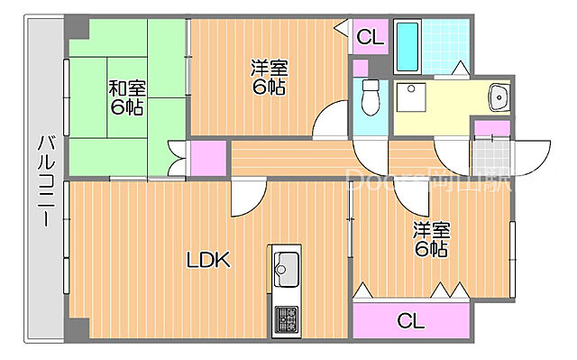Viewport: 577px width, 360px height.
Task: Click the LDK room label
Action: click(x=208, y=262)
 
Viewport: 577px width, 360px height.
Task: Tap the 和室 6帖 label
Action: click(x=127, y=98)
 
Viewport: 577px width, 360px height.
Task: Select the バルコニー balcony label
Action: click(x=45, y=185)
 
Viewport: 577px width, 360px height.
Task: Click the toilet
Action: click(x=370, y=98)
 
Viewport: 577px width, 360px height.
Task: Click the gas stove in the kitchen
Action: click(x=287, y=319)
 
